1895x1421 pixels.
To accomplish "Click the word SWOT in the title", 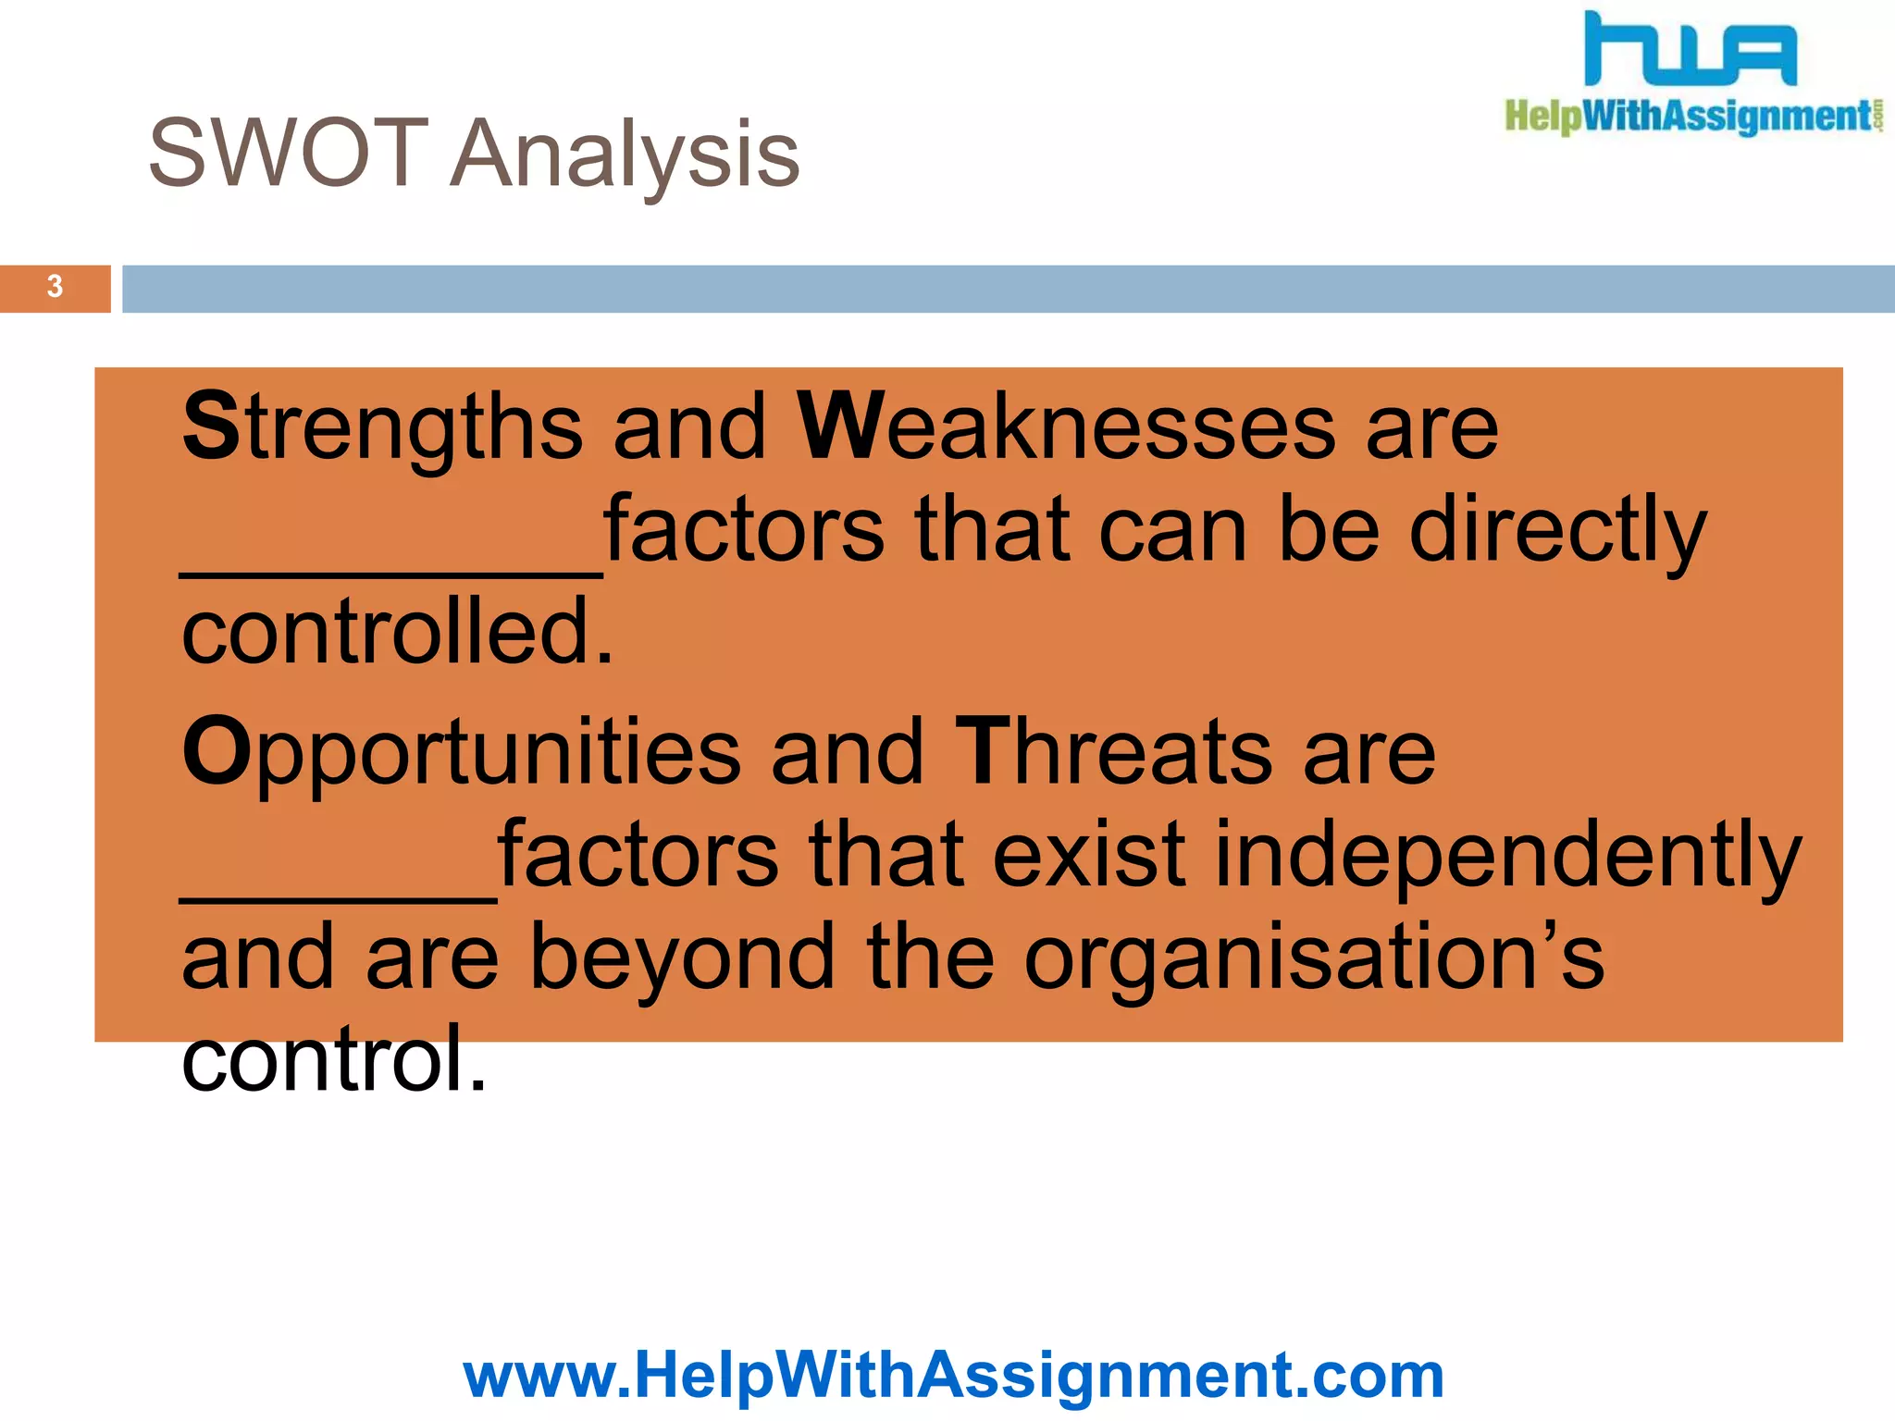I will pos(288,154).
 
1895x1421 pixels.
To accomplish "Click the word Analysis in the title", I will pos(625,155).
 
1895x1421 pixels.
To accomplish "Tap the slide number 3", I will pos(55,288).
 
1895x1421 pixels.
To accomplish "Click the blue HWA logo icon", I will pos(1690,50).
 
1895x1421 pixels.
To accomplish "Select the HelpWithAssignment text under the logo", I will pos(1690,117).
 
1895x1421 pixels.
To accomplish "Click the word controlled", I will pos(397,633).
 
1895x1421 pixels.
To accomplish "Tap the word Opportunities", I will pos(461,751).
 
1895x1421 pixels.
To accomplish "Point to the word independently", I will pos(1507,856).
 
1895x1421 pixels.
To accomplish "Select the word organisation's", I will pos(1313,959).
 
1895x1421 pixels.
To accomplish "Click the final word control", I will pos(332,1059).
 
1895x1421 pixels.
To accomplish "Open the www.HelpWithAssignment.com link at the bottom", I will pos(953,1375).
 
